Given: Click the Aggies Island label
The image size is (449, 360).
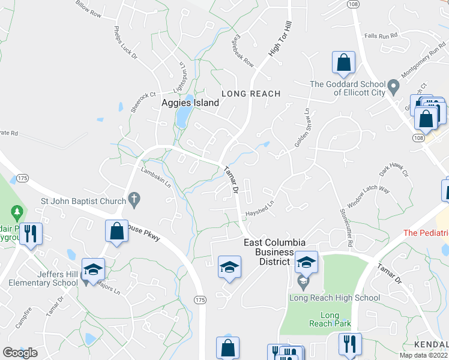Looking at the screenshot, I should pos(190,103).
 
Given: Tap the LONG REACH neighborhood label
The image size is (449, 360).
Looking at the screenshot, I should pos(251,94).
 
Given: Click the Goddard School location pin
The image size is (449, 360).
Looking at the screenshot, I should pos(394,87).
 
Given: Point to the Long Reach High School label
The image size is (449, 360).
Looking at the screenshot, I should pos(334,298).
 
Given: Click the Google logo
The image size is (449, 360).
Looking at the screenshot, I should pos(20,352).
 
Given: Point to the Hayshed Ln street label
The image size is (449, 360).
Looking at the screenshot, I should pos(259,209).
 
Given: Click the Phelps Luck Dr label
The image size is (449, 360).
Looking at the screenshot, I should pos(126,41).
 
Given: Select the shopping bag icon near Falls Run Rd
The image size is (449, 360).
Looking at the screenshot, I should pos(343,62).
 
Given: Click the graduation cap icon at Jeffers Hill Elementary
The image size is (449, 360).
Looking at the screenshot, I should pos(93,268).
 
